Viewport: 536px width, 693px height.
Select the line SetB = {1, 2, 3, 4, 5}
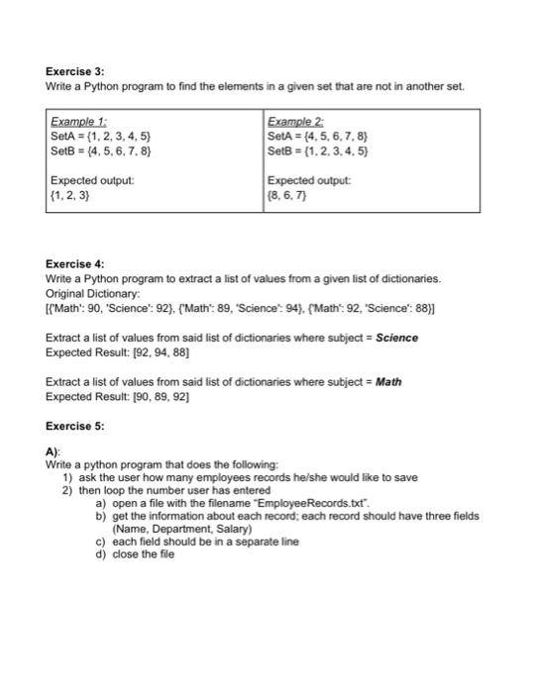pos(318,150)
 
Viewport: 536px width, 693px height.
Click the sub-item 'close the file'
pos(144,554)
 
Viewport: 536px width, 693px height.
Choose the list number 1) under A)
pos(67,477)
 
